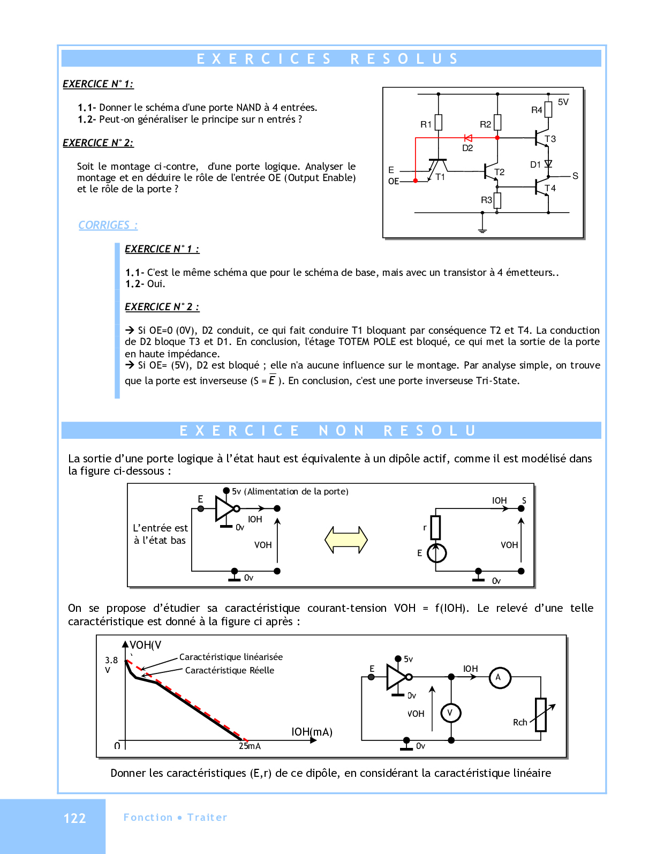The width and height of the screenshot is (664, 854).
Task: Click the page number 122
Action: coord(74,818)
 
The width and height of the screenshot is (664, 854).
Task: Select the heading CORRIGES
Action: coord(108,225)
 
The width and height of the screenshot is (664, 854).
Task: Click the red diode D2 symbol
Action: coord(468,138)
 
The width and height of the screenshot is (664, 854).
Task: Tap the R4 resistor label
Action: coord(537,110)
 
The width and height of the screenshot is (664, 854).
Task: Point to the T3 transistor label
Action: coord(550,139)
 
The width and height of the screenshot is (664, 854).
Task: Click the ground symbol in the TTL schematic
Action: coord(482,229)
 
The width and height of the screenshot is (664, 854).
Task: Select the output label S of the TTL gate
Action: coord(575,176)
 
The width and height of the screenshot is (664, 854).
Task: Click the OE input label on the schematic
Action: coord(394,181)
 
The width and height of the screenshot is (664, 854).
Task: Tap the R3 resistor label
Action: coord(486,200)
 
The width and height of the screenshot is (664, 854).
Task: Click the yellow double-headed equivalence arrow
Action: coord(346,540)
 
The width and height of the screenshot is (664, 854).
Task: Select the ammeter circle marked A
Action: coord(500,678)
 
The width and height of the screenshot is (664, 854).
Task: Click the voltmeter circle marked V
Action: coord(450,713)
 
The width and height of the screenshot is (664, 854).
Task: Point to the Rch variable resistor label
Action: coord(520,722)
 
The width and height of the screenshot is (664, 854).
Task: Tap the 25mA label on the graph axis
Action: coord(250,746)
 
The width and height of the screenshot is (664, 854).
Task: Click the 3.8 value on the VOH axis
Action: coord(111,660)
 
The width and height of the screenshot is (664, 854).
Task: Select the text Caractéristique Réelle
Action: coord(229,670)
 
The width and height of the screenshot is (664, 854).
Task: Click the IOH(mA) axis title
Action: coord(312,732)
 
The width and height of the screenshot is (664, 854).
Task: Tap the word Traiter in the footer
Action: coord(207,817)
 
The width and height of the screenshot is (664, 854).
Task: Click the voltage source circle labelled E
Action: coord(436,553)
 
